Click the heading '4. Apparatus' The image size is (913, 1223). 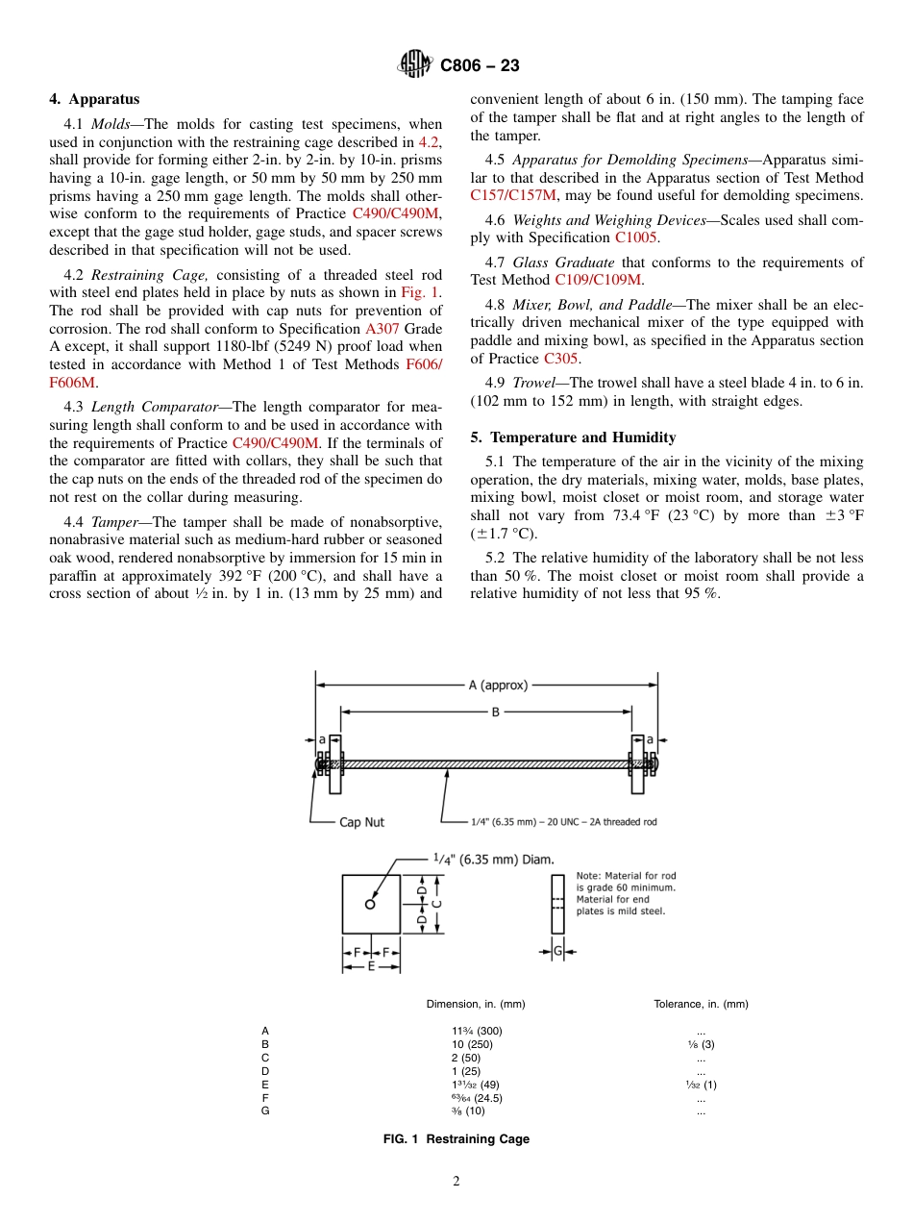94,99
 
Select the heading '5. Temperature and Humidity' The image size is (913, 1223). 573,437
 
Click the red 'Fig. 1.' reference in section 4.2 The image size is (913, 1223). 421,292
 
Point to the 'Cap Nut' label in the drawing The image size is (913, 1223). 361,822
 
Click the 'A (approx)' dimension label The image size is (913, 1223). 497,686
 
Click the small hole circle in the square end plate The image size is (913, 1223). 370,904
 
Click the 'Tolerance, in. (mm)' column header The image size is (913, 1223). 701,1004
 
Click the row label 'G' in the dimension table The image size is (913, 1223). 265,1111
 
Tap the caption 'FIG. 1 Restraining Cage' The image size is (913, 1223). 456,1139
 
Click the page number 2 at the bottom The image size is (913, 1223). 456,1182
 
